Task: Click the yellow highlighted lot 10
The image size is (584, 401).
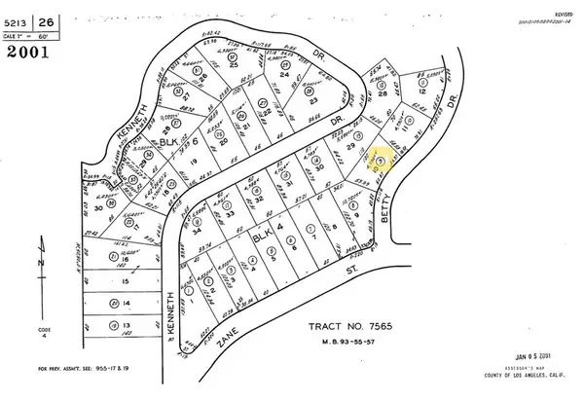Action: click(382, 159)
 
